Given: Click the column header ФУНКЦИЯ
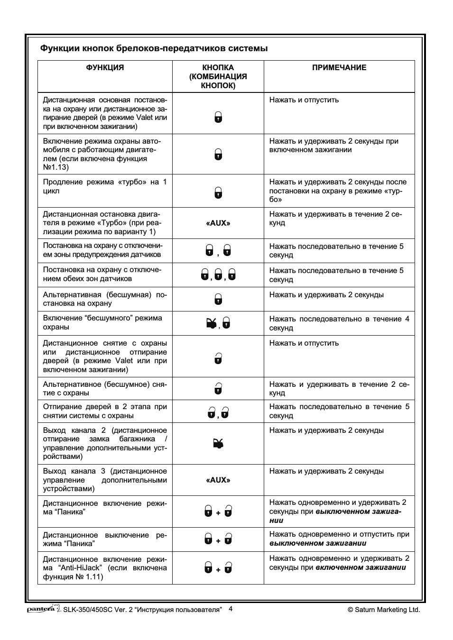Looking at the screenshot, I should (x=105, y=68).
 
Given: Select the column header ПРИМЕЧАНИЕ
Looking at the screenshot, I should (x=339, y=68).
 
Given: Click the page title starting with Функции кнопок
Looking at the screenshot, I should (x=154, y=48).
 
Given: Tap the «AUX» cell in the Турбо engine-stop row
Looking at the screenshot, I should (x=218, y=223).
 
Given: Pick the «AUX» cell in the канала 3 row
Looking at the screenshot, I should (x=218, y=480).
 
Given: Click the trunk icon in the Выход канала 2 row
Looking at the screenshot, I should (x=218, y=444).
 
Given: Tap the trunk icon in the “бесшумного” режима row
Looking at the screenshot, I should (x=211, y=324).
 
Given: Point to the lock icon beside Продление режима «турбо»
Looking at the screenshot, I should (x=218, y=192).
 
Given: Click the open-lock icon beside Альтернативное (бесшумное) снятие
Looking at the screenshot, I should (x=218, y=389).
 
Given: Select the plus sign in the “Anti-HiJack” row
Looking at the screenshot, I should (x=218, y=570).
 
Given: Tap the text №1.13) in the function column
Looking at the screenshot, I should (x=56, y=167).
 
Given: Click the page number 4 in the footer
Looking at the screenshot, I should (x=231, y=609).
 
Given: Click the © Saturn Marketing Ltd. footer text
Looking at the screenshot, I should (x=384, y=610).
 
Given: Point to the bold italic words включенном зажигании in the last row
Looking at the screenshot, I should (x=361, y=567).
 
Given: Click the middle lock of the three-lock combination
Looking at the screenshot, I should (x=218, y=275).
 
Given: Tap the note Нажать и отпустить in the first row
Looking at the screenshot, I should (x=304, y=100).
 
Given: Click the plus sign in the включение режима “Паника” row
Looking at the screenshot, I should (x=218, y=513).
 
